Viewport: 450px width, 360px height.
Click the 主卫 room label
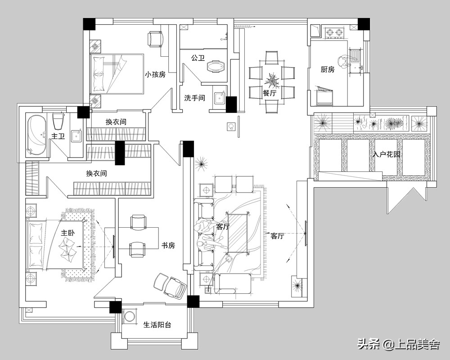coord(58,136)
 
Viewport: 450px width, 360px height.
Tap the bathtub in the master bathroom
coord(36,135)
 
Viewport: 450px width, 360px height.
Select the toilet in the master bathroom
coord(58,121)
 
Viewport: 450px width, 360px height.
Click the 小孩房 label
coord(155,75)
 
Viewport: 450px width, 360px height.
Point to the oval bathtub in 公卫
coord(215,66)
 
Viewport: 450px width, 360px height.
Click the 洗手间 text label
coord(194,98)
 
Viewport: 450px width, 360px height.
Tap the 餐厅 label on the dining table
coord(270,93)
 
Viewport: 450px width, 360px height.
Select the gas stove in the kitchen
coord(335,33)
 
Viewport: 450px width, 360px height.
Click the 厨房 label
coord(328,69)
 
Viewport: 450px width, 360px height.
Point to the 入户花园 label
coord(386,154)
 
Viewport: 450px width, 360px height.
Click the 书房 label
coord(168,245)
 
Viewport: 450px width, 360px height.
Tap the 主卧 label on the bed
coord(68,233)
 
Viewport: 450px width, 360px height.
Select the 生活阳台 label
coord(157,325)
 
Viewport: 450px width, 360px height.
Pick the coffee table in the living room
coord(238,234)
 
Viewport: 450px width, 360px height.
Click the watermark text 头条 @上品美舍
coord(398,344)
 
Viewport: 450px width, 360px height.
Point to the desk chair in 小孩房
coord(156,39)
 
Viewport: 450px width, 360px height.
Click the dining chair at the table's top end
coord(271,58)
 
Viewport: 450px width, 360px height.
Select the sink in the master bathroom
coord(77,135)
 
